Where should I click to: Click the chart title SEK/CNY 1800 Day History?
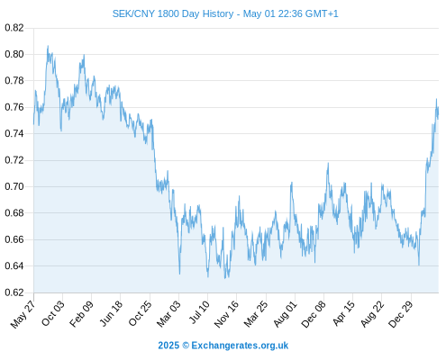(x=173, y=13)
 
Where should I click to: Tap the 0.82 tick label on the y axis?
(x=14, y=28)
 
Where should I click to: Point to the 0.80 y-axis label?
(x=14, y=54)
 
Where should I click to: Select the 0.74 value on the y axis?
(x=14, y=133)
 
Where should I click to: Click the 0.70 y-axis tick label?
(x=14, y=186)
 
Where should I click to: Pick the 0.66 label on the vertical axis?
(x=14, y=239)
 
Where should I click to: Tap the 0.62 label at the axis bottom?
(x=14, y=292)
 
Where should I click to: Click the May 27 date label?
(x=23, y=314)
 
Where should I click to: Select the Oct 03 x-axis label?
(x=53, y=313)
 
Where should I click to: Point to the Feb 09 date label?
(x=81, y=314)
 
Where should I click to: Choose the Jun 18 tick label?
(x=111, y=313)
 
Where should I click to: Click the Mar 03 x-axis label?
(x=168, y=314)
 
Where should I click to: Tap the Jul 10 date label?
(x=199, y=312)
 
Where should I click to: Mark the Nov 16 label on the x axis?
(x=226, y=314)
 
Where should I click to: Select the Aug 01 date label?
(x=285, y=314)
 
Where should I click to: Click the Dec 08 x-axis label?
(x=314, y=314)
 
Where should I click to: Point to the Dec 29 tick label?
(x=400, y=314)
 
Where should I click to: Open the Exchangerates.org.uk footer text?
(x=240, y=346)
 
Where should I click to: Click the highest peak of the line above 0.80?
(x=48, y=46)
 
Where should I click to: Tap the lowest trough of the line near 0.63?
(x=225, y=278)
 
